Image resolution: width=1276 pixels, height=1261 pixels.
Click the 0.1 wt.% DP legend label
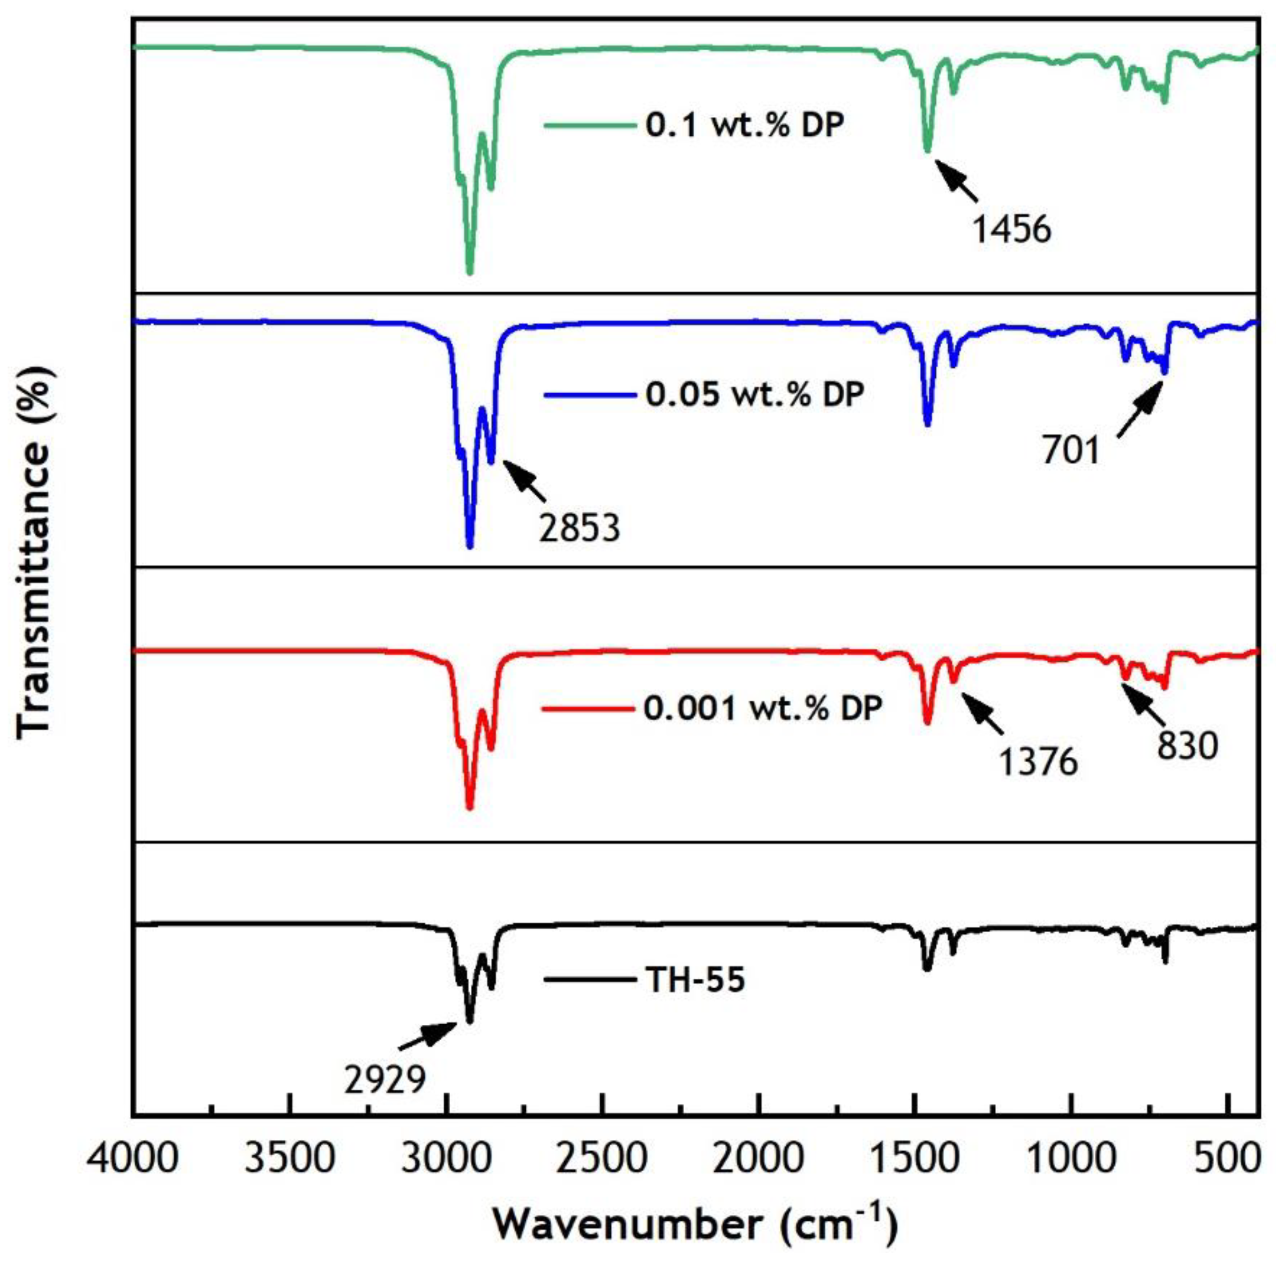pyautogui.click(x=744, y=125)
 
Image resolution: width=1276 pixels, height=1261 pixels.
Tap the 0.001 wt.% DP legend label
pyautogui.click(x=763, y=709)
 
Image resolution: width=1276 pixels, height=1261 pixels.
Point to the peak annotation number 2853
pyautogui.click(x=579, y=528)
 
